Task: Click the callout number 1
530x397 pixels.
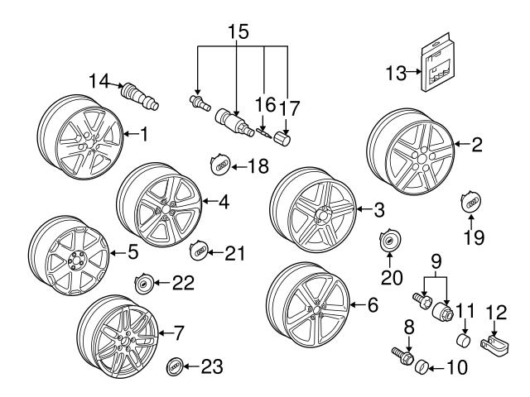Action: pos(144,133)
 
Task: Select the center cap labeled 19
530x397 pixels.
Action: pos(469,203)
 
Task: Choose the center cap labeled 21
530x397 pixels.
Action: pos(200,251)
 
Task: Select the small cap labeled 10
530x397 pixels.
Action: pos(422,365)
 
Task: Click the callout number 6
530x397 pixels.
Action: pos(373,305)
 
